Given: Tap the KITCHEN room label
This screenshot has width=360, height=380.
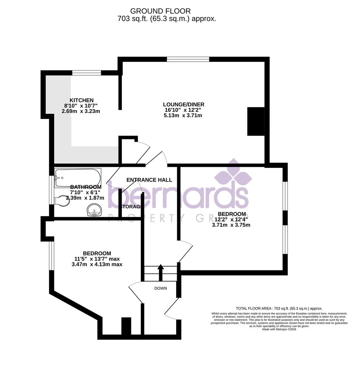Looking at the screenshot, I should tap(81, 100).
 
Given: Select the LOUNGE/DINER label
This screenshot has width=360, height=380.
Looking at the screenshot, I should tap(184, 104).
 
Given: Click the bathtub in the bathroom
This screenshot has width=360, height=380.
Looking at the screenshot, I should tap(78, 177).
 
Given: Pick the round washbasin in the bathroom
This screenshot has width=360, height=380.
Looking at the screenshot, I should tap(94, 210).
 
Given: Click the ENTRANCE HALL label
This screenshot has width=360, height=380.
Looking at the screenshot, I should tap(149, 180).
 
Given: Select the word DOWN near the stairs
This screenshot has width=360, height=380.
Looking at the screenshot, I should tap(160, 288).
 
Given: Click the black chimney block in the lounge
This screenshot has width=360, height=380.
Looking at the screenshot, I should tap(256, 121).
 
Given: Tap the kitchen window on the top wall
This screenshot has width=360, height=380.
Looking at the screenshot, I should tap(87, 73).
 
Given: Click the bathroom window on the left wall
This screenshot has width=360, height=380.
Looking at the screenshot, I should tap(51, 190).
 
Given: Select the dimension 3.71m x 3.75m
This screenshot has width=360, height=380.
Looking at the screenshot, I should tap(231, 225).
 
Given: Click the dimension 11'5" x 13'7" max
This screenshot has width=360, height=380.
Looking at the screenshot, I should tap(97, 259).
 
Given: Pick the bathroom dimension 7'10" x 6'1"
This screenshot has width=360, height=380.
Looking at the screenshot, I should tap(86, 192).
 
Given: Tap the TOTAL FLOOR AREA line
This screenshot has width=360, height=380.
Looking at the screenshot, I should tap(279, 308).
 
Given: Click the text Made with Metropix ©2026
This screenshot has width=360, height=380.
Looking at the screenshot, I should tap(279, 329).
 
